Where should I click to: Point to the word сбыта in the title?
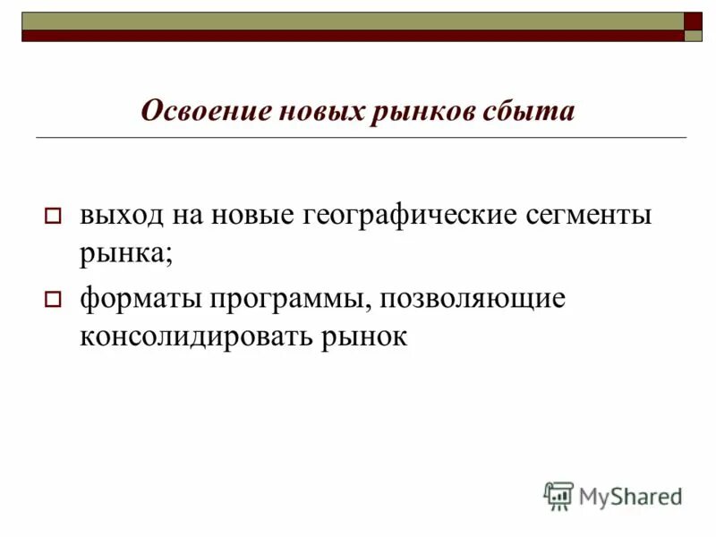pyautogui.click(x=531, y=111)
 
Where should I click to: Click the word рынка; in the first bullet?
pyautogui.click(x=125, y=253)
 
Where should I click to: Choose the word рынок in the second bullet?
pyautogui.click(x=365, y=338)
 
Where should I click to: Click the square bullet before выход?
pyautogui.click(x=52, y=217)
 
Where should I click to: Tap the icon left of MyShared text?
pyautogui.click(x=558, y=496)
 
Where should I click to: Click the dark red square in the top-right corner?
pyautogui.click(x=694, y=21)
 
